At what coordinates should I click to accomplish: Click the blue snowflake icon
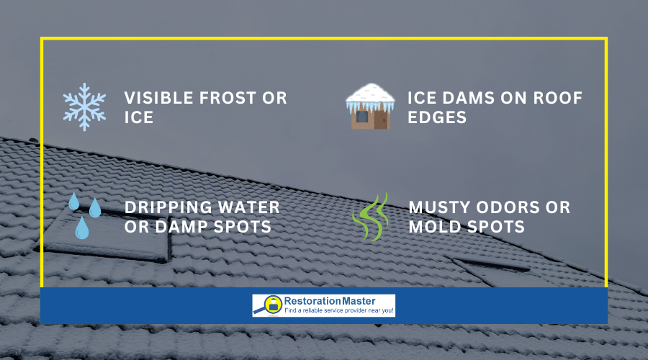84,107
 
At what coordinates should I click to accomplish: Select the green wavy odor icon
372,216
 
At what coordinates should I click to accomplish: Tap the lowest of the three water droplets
82,228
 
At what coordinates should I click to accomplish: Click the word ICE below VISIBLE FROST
139,117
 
